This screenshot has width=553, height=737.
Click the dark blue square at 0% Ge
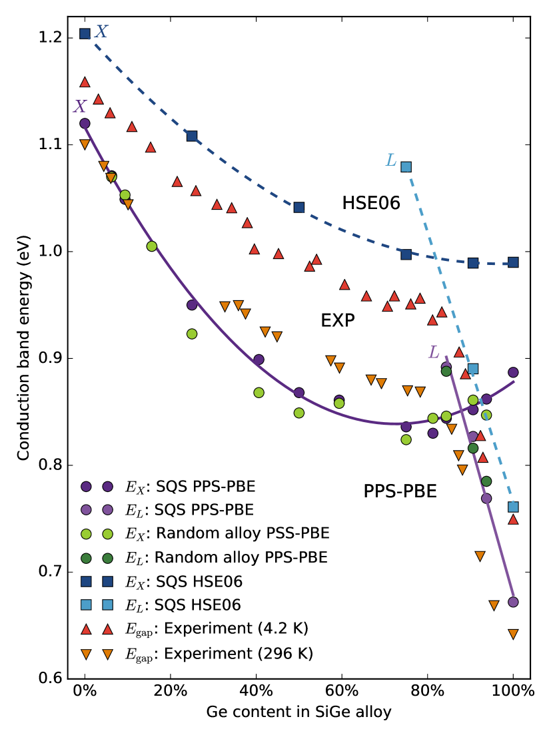coord(85,33)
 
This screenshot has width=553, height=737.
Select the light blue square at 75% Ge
coord(406,166)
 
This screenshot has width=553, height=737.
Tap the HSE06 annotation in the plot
coord(371,204)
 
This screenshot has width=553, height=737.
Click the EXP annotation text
coord(337,321)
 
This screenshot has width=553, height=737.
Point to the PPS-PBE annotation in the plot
coord(400,492)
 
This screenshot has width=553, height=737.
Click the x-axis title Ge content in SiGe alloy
coord(298,712)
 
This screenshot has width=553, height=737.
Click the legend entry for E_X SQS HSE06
coord(183,581)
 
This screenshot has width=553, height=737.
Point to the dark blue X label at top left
coord(101,31)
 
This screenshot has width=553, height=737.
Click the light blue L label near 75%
coord(391,160)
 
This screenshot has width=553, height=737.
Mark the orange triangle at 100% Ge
coord(513,634)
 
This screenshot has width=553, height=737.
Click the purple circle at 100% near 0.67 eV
coord(513,602)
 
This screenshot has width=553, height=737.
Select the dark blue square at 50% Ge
coord(299,208)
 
